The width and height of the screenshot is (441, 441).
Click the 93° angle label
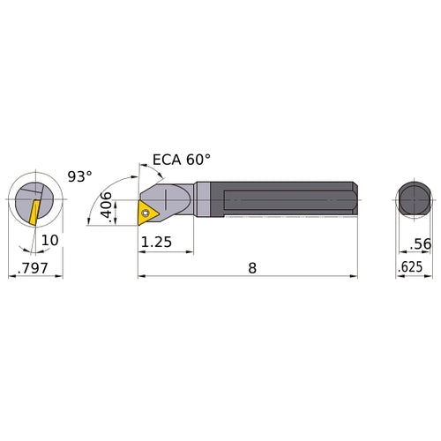79,176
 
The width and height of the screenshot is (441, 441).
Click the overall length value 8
252,266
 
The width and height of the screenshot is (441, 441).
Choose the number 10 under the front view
50,240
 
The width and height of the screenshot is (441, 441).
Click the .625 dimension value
411,266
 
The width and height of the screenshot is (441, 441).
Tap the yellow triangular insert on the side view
147,210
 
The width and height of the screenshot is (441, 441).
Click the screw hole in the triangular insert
145,210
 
